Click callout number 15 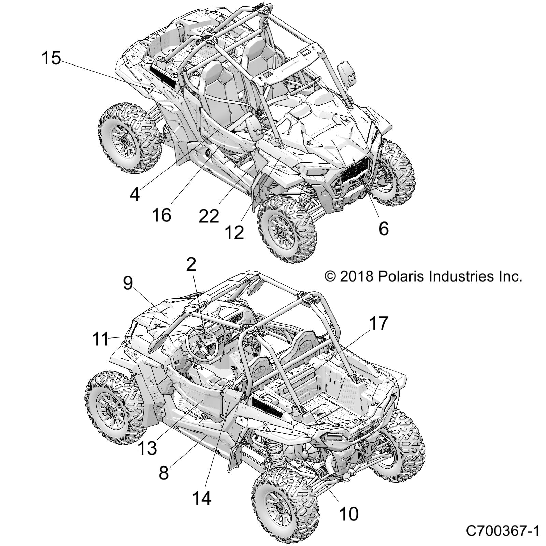pos(51,58)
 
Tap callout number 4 pos(135,195)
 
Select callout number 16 pos(161,215)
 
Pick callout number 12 pos(234,232)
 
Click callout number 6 pos(384,228)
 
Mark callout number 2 pos(191,264)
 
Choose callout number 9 pos(128,283)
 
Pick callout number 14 pos(202,498)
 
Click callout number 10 pos(348,514)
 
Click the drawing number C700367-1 pos(503,531)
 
